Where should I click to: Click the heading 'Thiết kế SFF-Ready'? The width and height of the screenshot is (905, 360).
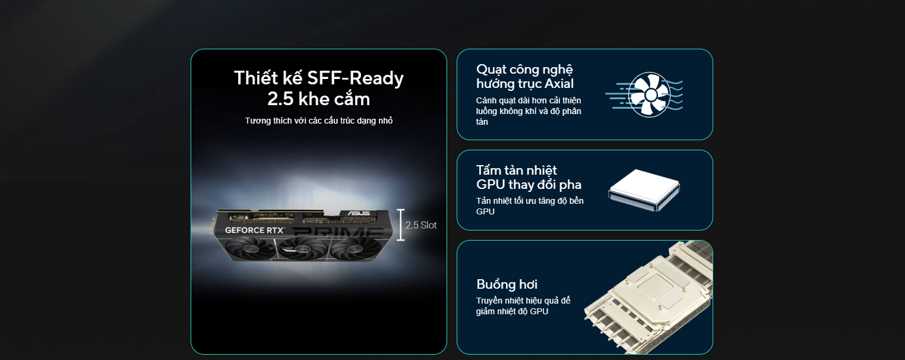(319, 78)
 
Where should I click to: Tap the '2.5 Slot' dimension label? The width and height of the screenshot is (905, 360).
(421, 225)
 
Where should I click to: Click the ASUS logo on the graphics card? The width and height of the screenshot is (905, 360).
(359, 213)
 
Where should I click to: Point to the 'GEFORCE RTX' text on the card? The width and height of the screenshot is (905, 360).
(255, 230)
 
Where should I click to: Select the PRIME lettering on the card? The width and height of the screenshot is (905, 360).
(337, 232)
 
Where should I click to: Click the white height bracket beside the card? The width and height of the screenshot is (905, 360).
(400, 225)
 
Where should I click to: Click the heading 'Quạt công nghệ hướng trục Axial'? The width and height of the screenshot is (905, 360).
(525, 77)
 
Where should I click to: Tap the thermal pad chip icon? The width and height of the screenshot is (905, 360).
(644, 190)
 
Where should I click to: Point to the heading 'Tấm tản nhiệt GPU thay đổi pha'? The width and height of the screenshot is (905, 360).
(529, 178)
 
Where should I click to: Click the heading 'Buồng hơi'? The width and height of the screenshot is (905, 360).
(507, 285)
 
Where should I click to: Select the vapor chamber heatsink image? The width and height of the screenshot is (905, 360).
(649, 298)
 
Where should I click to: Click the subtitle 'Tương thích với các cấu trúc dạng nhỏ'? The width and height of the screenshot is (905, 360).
(319, 121)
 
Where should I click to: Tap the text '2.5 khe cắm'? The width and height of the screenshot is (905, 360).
(319, 99)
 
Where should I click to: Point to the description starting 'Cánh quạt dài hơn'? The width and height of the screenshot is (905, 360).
(529, 111)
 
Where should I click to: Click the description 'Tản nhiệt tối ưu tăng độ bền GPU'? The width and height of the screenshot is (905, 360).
(530, 206)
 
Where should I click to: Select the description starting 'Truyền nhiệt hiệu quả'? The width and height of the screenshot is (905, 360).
(523, 306)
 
